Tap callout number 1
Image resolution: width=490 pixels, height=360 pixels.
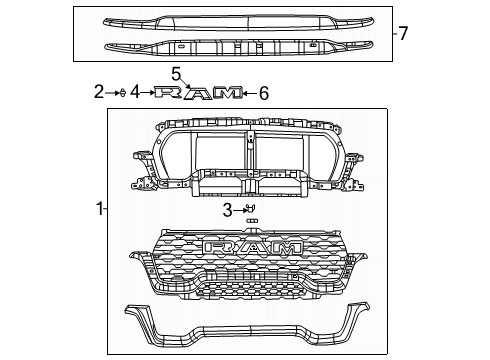point(98,209)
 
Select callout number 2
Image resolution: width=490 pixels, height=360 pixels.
point(99,93)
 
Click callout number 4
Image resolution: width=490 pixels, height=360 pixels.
point(176,73)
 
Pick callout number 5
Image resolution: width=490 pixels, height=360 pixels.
point(264,94)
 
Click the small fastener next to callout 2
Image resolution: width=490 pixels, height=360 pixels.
point(121,94)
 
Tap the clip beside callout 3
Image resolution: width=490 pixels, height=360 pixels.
point(250,208)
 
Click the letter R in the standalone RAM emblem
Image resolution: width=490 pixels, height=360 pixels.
point(170,94)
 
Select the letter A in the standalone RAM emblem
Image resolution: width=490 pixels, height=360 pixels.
point(199,94)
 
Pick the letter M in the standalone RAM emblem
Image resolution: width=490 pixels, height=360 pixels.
point(228,94)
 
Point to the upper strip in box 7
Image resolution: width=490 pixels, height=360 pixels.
point(234,20)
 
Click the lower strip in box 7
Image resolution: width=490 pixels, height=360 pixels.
point(234,46)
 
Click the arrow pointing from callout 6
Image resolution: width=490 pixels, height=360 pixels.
point(250,94)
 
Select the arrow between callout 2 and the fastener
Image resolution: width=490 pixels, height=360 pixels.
point(112,94)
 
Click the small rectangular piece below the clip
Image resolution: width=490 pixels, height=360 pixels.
point(252,221)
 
